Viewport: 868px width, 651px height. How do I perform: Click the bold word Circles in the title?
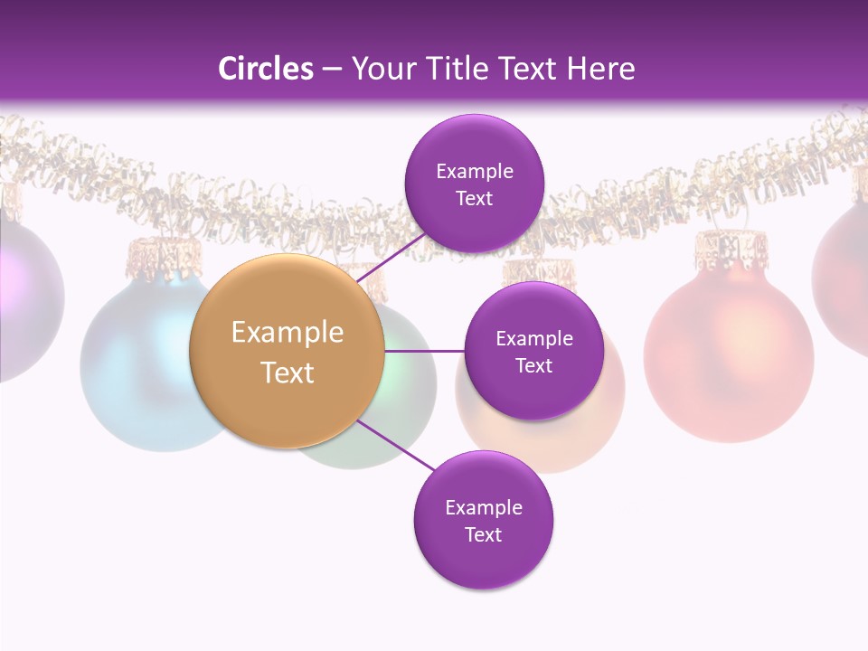(x=265, y=69)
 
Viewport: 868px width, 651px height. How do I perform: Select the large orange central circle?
(x=287, y=351)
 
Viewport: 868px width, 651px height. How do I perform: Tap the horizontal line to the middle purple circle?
(x=424, y=351)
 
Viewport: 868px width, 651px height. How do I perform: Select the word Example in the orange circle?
(x=287, y=332)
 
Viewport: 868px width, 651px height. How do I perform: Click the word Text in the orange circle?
(x=287, y=372)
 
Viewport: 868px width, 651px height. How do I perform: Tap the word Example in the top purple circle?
(x=474, y=171)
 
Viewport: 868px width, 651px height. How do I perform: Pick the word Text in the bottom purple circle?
(x=483, y=534)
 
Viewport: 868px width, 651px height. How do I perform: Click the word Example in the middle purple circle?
(x=533, y=338)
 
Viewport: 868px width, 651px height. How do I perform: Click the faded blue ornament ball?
(x=136, y=362)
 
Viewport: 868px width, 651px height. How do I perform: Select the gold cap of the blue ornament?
(x=163, y=256)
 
